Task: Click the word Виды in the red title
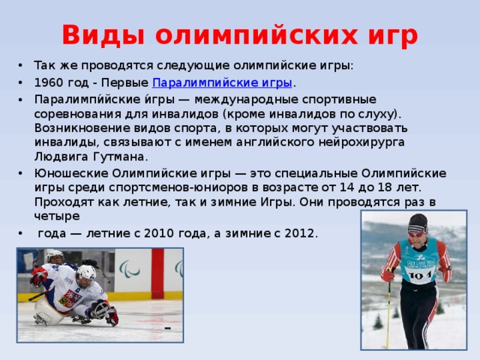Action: point(103,35)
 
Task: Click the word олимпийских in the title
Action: point(256,35)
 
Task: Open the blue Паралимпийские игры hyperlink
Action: point(222,82)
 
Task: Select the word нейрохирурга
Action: point(361,142)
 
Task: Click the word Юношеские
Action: point(70,173)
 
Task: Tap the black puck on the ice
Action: point(168,328)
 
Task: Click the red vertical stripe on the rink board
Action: point(157,274)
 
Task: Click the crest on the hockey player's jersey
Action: point(70,299)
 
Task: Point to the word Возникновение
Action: point(82,128)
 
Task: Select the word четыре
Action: point(57,216)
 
